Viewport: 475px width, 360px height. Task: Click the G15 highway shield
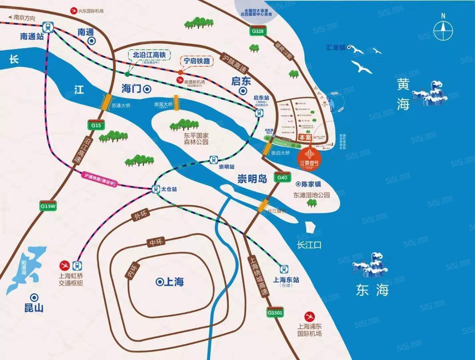click(96, 125)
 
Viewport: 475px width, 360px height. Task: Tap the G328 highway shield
click(258, 31)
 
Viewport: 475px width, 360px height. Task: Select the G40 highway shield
click(282, 177)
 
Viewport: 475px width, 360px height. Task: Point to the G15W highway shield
click(48, 206)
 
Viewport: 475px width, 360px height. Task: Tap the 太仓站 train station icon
click(156, 189)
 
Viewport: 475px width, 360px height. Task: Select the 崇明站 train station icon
click(213, 160)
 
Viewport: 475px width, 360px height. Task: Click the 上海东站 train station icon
click(284, 269)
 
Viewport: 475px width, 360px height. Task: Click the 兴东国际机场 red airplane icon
click(73, 11)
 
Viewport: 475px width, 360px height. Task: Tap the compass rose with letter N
click(443, 30)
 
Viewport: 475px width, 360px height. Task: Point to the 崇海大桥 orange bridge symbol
click(176, 103)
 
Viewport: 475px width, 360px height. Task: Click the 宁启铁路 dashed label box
click(197, 61)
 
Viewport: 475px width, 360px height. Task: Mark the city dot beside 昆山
click(34, 297)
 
